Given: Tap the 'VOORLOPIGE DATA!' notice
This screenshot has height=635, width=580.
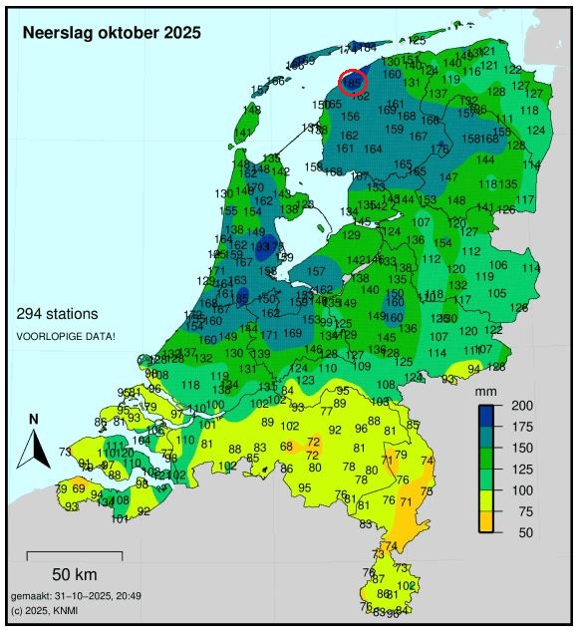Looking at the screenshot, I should tap(66, 336).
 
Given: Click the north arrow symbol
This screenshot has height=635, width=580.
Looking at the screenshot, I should tap(33, 443).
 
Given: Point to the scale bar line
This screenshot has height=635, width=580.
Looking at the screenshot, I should tap(74, 552).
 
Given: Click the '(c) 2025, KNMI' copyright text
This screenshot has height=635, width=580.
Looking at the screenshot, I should tap(48, 609).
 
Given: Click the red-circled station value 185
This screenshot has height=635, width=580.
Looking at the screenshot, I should tap(353, 82).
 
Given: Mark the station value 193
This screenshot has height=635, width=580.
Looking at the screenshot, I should tap(261, 246).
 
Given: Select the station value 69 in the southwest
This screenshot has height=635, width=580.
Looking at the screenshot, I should tap(79, 488).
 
